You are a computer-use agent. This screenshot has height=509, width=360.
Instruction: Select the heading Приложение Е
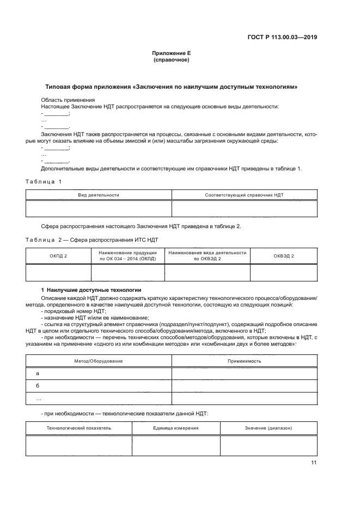[171, 53]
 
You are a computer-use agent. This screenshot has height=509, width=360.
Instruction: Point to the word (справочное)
[171, 60]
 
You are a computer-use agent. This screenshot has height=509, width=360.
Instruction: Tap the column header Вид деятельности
[99, 194]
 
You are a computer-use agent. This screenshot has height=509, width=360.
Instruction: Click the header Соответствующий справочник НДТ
[244, 194]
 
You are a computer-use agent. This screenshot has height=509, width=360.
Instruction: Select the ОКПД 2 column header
[58, 255]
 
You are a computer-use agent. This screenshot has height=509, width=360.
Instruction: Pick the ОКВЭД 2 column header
[284, 255]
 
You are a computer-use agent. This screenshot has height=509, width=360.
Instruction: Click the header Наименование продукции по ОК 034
[127, 255]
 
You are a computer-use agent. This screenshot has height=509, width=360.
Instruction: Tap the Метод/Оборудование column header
[99, 361]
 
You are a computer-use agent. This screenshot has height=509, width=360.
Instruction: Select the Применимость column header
[244, 361]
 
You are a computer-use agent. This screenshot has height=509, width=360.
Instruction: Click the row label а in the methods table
[38, 373]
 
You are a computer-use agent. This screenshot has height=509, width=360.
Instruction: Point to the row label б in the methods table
[38, 386]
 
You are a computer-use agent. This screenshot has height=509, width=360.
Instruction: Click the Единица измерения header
[175, 428]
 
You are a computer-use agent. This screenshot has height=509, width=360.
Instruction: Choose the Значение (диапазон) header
[269, 428]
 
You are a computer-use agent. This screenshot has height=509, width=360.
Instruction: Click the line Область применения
[68, 100]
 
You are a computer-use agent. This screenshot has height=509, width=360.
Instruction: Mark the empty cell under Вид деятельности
[99, 208]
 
